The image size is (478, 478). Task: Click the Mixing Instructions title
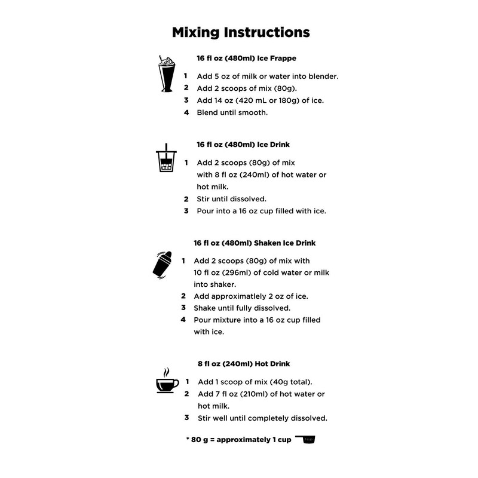[x=241, y=31]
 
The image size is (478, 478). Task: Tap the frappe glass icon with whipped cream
[x=166, y=75]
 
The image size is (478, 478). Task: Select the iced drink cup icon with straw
[x=166, y=160]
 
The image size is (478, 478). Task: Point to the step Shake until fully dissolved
[x=241, y=308]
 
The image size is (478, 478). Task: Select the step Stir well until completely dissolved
[x=262, y=418]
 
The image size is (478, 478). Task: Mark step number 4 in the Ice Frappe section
[x=186, y=112]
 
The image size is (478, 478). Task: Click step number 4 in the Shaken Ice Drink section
[x=183, y=320]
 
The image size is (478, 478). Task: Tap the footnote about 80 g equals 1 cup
[x=239, y=440]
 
